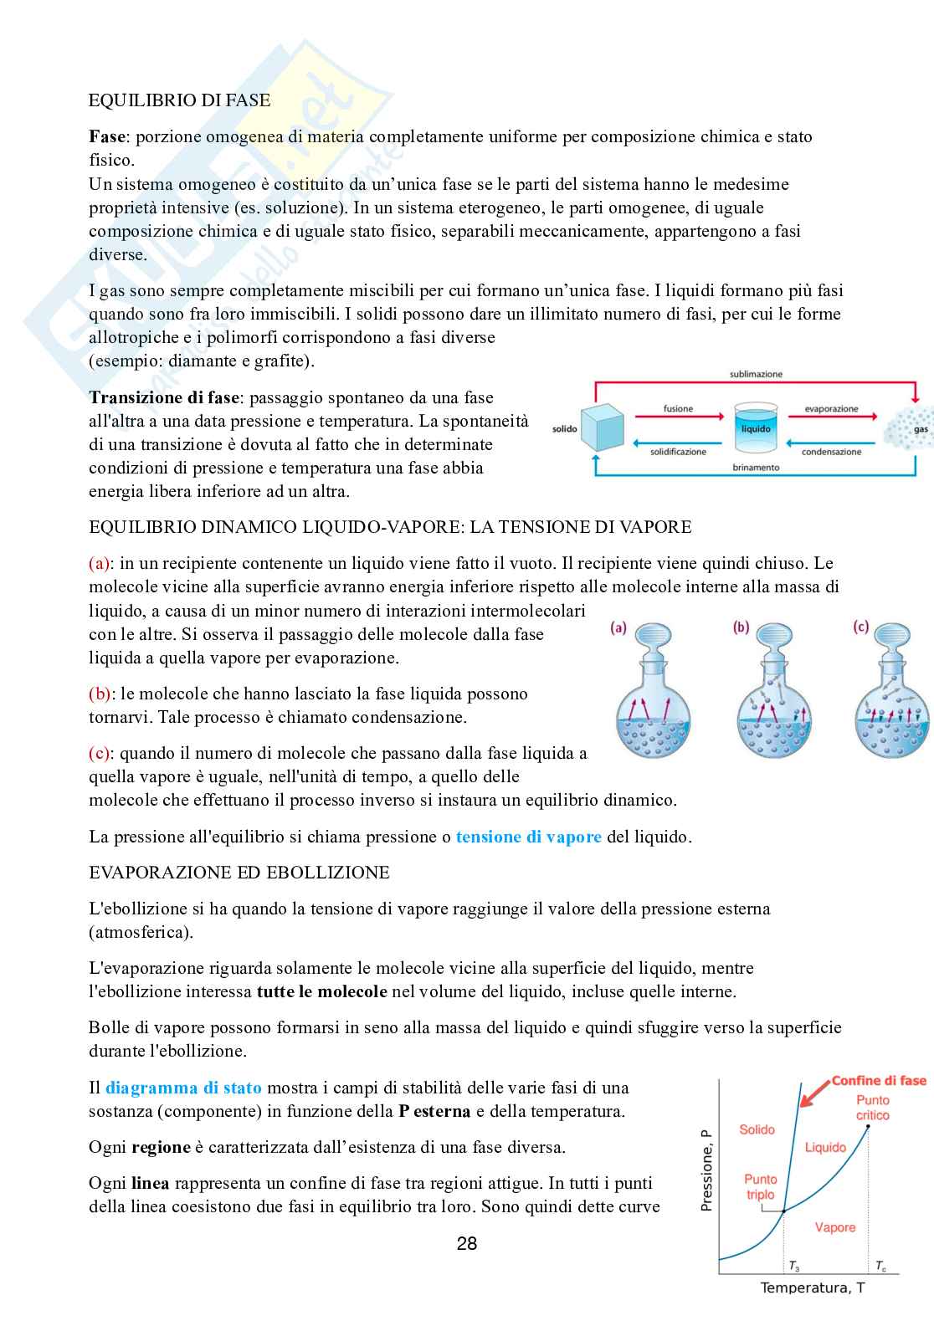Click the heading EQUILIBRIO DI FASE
179,100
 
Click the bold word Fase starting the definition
106,136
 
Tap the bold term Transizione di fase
165,397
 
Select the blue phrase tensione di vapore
528,837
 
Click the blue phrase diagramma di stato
183,1088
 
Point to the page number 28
467,1244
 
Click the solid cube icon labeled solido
604,428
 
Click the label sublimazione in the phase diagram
755,375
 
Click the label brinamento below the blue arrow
755,468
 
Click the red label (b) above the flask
741,627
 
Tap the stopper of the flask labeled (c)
895,639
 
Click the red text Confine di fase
878,1080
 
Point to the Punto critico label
872,1108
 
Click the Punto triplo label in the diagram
760,1186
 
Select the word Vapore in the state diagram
834,1227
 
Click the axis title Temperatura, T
812,1288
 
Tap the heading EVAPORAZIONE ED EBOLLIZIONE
239,873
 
